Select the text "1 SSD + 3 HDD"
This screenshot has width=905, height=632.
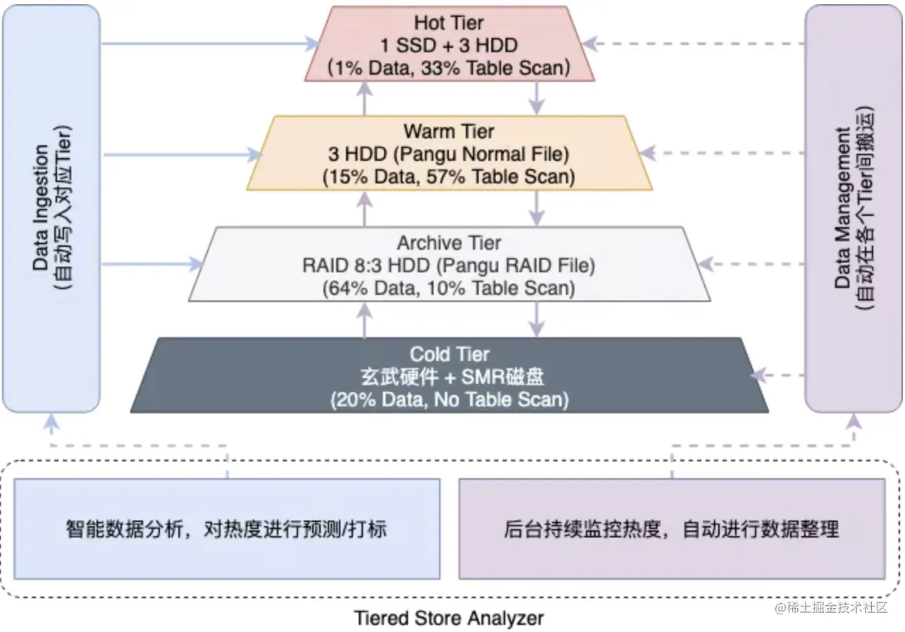pyautogui.click(x=449, y=45)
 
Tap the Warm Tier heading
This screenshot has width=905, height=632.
pyautogui.click(x=449, y=131)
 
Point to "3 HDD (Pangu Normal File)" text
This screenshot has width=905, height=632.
pyautogui.click(x=449, y=154)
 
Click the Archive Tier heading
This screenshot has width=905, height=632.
pyautogui.click(x=449, y=243)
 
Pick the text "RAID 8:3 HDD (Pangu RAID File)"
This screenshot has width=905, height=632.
pyautogui.click(x=449, y=266)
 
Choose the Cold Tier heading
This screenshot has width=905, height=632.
pyautogui.click(x=449, y=354)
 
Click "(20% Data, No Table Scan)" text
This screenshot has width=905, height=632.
pyautogui.click(x=449, y=399)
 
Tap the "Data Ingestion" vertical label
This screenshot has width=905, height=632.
pyautogui.click(x=42, y=209)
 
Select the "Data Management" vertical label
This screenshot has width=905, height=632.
pyautogui.click(x=842, y=209)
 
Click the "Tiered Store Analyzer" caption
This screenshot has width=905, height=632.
pyautogui.click(x=449, y=619)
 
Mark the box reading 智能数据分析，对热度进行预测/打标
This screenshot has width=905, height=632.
pyautogui.click(x=227, y=528)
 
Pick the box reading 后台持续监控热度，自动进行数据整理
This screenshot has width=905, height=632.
pyautogui.click(x=672, y=528)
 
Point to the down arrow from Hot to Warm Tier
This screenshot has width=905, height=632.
pyautogui.click(x=537, y=97)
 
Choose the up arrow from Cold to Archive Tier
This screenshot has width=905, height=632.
pyautogui.click(x=364, y=319)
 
